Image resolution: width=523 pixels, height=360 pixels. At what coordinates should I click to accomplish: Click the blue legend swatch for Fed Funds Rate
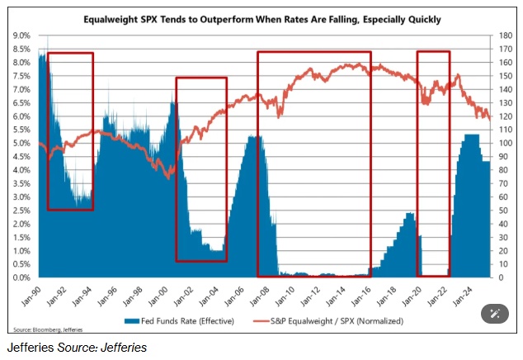click(129, 320)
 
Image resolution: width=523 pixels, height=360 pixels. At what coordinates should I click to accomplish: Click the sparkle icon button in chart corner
click(495, 313)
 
